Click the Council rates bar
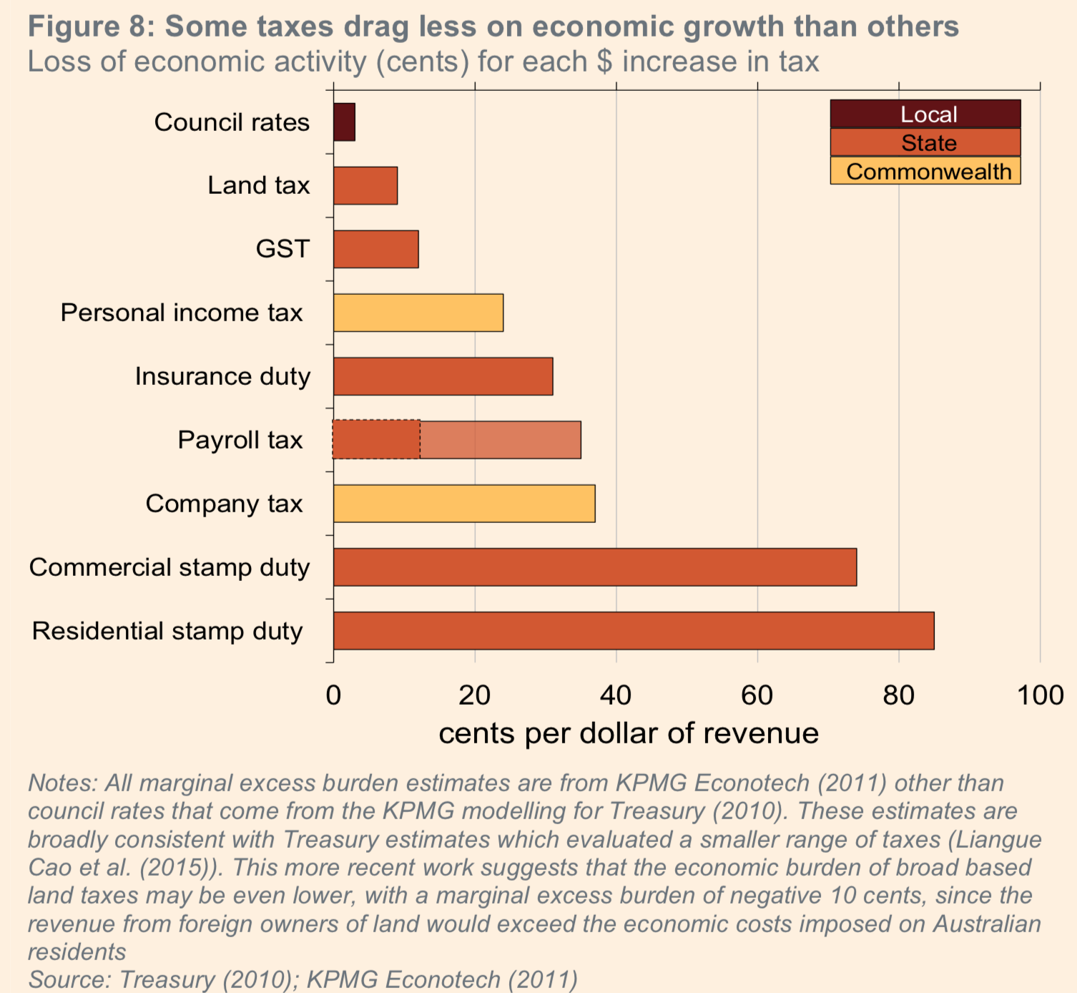coord(344,122)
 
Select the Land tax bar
coord(365,186)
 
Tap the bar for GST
coord(376,249)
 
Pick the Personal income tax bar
coord(418,313)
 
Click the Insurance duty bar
coord(443,376)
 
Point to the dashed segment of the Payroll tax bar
coord(377,439)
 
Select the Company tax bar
coord(464,504)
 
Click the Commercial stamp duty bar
coord(595,567)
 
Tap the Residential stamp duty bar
coord(634,631)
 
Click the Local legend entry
coord(925,114)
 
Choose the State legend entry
coord(925,143)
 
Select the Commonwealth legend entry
coord(925,172)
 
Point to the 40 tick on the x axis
coord(616,695)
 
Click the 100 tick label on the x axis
coord(1040,695)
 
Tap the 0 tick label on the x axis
coord(333,695)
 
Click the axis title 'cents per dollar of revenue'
coord(629,733)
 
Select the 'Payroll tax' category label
coord(240,440)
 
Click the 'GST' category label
coord(283,249)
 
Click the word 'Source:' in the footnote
coord(69,979)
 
